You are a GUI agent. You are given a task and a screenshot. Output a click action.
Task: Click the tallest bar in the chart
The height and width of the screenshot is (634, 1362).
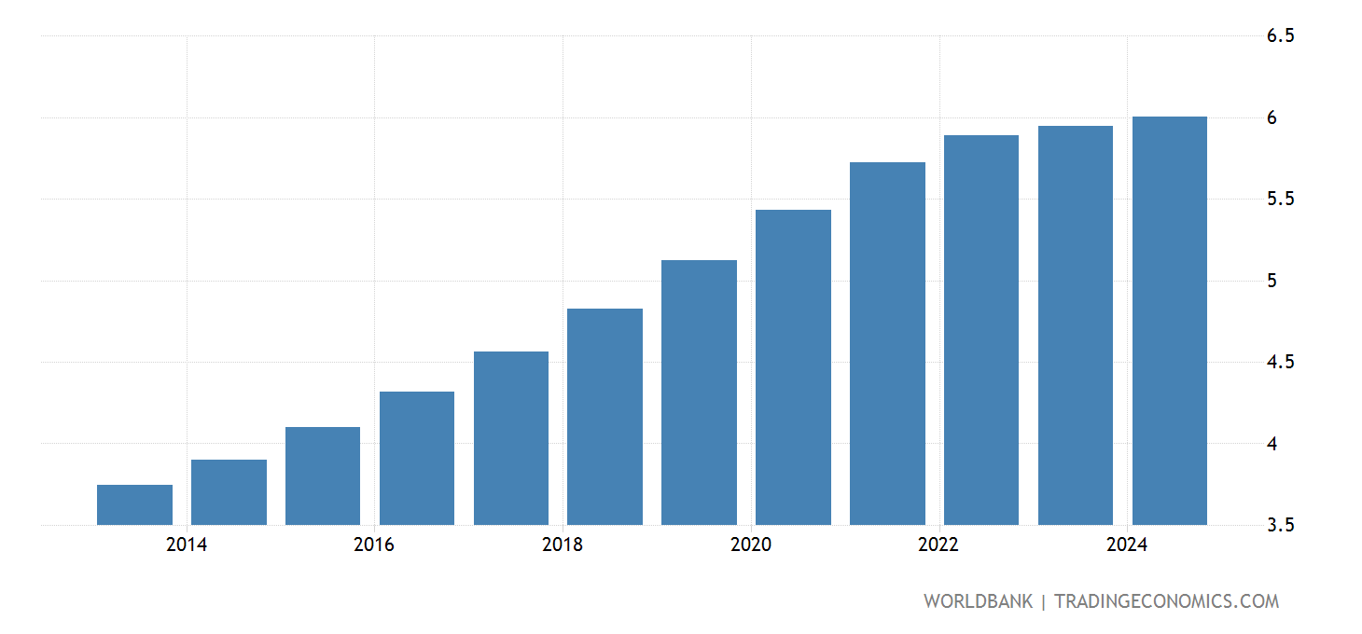pos(1169,321)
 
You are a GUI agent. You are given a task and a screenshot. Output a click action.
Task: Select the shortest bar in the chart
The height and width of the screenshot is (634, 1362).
pos(134,504)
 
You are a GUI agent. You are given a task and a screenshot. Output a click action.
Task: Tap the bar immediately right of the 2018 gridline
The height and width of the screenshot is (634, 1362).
pos(605,416)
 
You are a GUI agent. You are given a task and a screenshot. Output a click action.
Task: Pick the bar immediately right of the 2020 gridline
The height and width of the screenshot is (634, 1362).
pos(793,366)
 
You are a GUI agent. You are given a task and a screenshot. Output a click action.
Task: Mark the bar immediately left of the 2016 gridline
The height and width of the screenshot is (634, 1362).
pos(323,475)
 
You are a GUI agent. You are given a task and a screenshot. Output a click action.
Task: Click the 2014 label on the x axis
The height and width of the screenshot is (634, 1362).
pos(187,545)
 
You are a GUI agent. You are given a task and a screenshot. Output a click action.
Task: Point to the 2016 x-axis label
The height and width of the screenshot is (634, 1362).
pos(374,545)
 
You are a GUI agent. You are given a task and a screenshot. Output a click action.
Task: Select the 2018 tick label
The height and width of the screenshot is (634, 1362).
pos(563,545)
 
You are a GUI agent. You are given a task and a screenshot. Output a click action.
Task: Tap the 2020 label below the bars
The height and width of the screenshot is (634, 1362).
pos(751,545)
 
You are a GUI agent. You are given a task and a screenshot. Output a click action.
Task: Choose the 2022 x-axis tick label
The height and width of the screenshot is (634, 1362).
pos(938,545)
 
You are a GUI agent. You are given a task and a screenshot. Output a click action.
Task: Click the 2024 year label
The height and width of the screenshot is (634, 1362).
pos(1127,545)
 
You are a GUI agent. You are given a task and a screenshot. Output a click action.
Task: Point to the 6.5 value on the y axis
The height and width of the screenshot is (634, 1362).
pos(1280,36)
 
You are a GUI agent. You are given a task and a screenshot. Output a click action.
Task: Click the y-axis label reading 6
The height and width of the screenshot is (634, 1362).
pos(1272,117)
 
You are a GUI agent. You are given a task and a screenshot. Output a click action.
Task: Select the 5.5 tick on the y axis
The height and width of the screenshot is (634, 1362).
pos(1280,200)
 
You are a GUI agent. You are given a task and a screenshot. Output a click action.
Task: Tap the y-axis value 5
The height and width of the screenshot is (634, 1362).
pos(1272,281)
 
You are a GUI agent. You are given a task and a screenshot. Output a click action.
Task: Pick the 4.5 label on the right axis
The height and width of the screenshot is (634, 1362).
pos(1280,362)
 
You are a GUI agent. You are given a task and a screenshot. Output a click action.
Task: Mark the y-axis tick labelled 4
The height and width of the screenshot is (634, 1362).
pos(1272,444)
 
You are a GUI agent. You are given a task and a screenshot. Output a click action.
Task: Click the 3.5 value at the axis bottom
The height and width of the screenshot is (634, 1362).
pos(1280,525)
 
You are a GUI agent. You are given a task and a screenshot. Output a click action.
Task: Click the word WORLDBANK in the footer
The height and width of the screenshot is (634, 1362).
pos(978,601)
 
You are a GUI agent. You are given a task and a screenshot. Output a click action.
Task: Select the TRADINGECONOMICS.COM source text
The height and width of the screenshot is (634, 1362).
pos(1166,601)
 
